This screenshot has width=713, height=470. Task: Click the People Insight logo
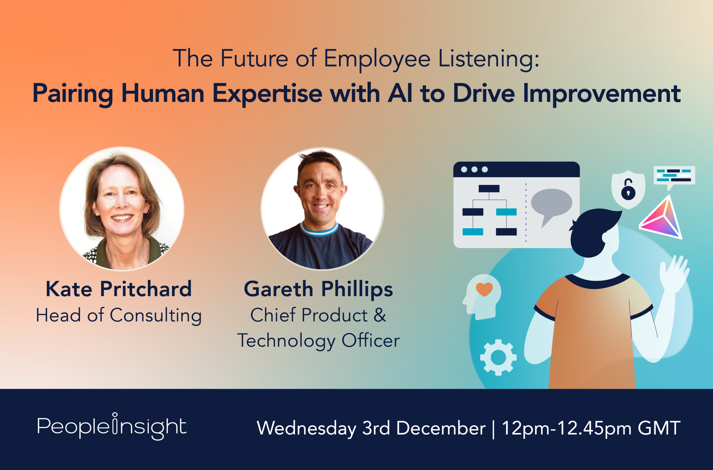pos(112,427)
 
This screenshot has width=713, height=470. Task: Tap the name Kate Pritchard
pos(119,289)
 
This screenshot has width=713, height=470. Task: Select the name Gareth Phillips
pos(318,289)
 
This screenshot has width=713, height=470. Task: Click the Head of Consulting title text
pos(119,315)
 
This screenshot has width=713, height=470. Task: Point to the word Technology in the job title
pos(286,341)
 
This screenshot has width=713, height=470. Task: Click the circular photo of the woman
pos(122,209)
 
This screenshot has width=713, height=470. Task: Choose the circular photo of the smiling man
pos(322,209)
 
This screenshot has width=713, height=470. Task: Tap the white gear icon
pos(498,357)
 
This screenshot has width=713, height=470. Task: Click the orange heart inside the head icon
pos(484,289)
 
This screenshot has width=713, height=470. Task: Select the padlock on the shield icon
pos(628,190)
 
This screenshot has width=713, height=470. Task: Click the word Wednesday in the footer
pos(306,428)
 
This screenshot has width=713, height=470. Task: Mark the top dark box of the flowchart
pos(489,188)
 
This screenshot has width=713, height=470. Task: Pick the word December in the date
pos(441,428)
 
